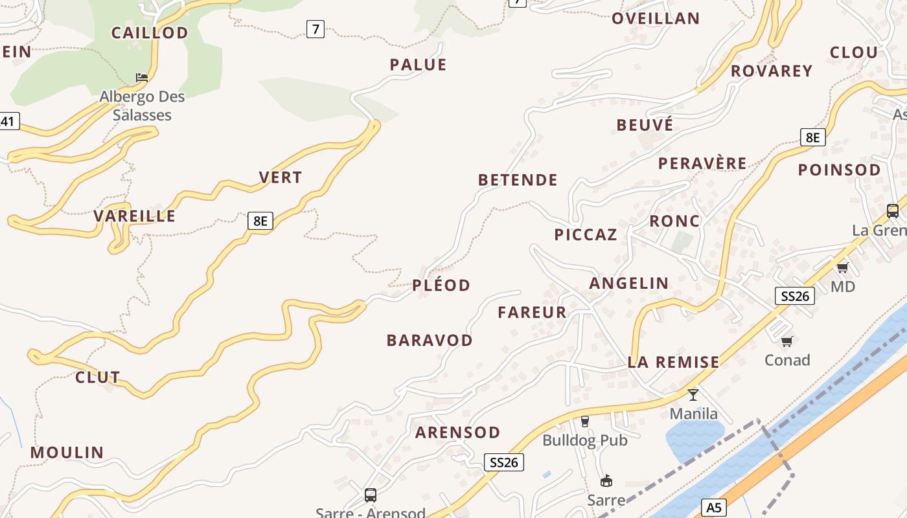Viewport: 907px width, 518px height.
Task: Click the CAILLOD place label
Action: (150, 32)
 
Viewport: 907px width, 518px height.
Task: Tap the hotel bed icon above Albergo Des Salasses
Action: (142, 78)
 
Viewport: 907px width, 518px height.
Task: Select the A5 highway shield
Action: (713, 508)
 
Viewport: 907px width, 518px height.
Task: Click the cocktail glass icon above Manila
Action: (693, 394)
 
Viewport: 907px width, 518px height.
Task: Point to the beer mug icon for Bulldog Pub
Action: (585, 422)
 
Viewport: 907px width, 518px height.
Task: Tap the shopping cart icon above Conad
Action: (787, 341)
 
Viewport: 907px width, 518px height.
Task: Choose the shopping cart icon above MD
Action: (842, 267)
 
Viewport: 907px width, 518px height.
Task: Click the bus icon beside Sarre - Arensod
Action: (371, 495)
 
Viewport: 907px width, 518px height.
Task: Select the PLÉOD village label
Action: (441, 285)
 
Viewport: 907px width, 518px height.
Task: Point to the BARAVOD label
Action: (430, 340)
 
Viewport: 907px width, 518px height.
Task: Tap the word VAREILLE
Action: (135, 216)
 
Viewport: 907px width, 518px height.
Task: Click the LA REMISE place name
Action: (674, 362)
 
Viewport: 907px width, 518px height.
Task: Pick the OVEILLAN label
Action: (656, 18)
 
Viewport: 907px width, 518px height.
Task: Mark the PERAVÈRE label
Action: (702, 163)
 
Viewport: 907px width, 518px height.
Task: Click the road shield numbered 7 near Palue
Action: (316, 28)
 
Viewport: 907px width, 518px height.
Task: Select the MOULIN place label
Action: (67, 453)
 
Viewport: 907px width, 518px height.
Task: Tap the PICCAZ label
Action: (586, 234)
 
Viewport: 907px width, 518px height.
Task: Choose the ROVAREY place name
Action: (772, 71)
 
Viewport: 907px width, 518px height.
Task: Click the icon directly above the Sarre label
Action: (606, 480)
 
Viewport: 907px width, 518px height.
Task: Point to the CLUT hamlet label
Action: (98, 377)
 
